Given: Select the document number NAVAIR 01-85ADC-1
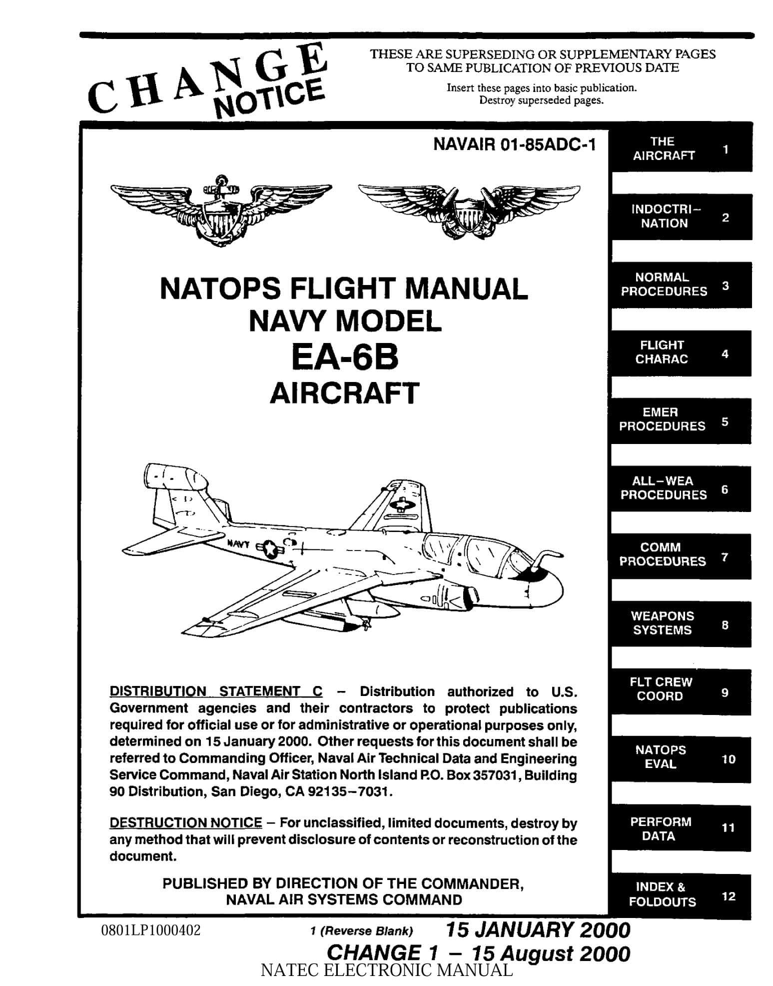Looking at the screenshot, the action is click(514, 144).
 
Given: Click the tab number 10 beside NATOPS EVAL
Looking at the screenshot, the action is click(729, 759).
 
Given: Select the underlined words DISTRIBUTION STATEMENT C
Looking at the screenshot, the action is click(216, 691).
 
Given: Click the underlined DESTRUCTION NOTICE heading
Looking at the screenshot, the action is click(185, 823).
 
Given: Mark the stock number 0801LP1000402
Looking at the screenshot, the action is click(150, 930).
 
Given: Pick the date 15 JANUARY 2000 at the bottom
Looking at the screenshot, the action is click(537, 930).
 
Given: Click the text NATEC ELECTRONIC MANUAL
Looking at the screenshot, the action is click(387, 971).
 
